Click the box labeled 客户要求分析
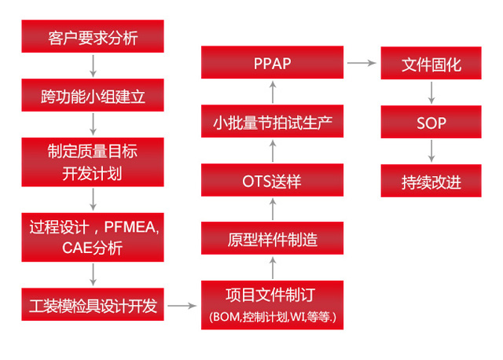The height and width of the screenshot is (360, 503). click(x=93, y=36)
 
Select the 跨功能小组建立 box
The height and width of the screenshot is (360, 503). click(x=93, y=95)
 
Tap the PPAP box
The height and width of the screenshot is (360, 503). click(x=273, y=62)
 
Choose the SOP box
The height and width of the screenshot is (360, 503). click(x=431, y=122)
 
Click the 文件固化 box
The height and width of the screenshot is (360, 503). click(x=431, y=63)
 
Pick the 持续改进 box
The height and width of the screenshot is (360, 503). click(x=431, y=181)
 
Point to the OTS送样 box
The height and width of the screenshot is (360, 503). click(x=273, y=180)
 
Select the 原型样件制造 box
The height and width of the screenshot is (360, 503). click(x=273, y=238)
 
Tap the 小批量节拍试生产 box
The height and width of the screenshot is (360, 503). click(x=273, y=121)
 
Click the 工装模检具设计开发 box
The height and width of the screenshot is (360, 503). click(x=93, y=304)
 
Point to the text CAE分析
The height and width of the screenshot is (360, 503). click(x=93, y=248)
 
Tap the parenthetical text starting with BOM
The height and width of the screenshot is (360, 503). click(x=273, y=317)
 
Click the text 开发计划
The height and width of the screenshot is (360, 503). click(x=92, y=174)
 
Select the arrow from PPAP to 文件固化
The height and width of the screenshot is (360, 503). click(x=362, y=63)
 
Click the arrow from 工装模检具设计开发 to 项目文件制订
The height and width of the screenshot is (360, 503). click(x=182, y=306)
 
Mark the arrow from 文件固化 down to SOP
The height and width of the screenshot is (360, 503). click(x=431, y=93)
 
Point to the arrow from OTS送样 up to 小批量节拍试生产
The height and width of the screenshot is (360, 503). click(x=273, y=151)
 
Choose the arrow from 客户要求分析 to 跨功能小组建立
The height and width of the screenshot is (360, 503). click(x=93, y=66)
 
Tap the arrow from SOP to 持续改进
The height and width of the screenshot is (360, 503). click(x=431, y=151)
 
